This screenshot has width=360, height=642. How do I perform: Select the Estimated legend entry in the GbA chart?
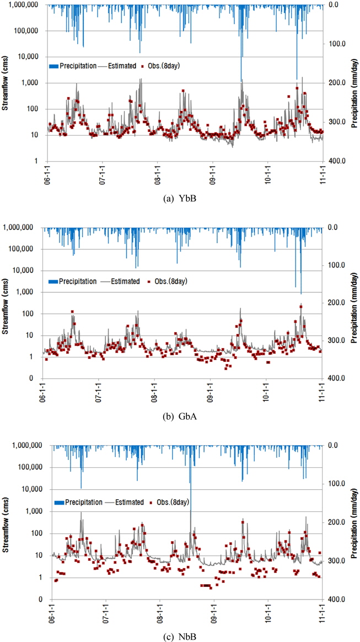click(x=121, y=281)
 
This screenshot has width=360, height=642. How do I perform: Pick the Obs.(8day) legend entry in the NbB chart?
click(x=171, y=502)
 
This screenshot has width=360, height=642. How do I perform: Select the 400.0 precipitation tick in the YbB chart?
click(x=336, y=161)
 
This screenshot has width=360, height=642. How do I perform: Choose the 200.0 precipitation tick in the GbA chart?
click(x=336, y=303)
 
